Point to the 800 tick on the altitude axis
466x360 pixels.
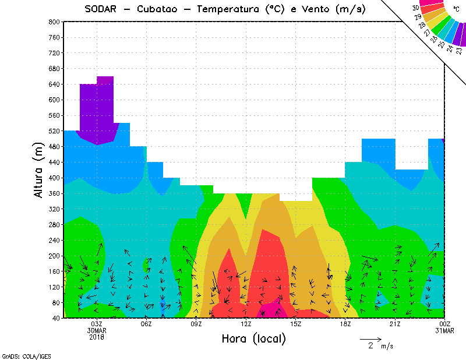pyautogui.click(x=54, y=22)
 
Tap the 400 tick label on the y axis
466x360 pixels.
pyautogui.click(x=54, y=178)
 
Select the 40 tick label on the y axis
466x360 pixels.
pyautogui.click(x=56, y=318)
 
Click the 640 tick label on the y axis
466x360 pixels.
pyautogui.click(x=54, y=84)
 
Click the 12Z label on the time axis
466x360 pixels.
pyautogui.click(x=246, y=324)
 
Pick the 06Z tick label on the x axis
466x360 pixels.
pyautogui.click(x=147, y=324)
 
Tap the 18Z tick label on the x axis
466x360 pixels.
pyautogui.click(x=345, y=324)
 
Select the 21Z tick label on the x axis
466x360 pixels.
pyautogui.click(x=395, y=324)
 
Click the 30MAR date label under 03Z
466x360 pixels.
pyautogui.click(x=97, y=330)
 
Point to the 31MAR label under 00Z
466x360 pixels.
pyautogui.click(x=445, y=330)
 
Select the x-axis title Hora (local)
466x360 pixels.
pyautogui.click(x=253, y=339)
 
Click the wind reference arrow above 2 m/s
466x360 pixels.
pyautogui.click(x=370, y=338)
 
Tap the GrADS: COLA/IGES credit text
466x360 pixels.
pyautogui.click(x=26, y=356)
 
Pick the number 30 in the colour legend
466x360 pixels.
pyautogui.click(x=415, y=8)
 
